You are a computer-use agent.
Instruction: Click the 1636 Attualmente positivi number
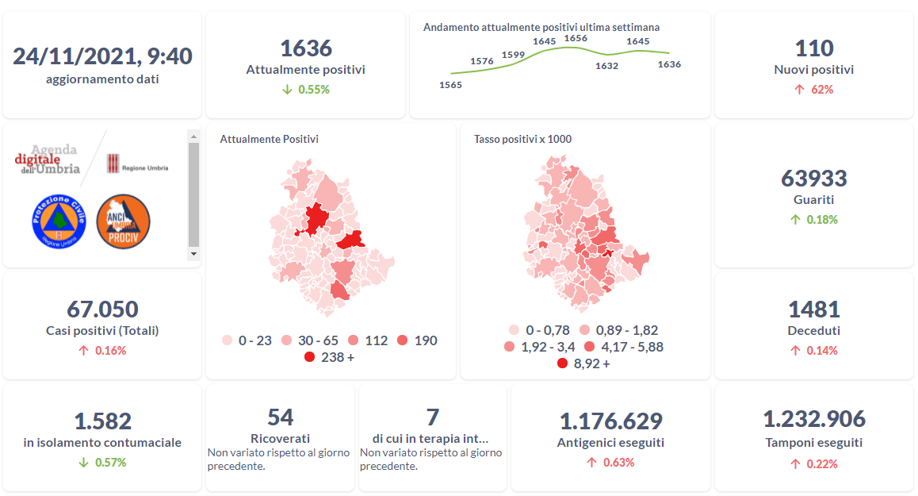(306, 48)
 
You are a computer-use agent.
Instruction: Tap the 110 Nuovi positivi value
(813, 48)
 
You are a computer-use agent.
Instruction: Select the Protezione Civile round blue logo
(57, 220)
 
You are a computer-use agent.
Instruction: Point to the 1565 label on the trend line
(450, 85)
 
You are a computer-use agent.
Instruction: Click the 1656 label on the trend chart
(576, 38)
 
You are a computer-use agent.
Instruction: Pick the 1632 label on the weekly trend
(606, 66)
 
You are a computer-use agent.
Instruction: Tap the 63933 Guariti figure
(813, 178)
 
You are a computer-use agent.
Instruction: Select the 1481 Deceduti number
(813, 309)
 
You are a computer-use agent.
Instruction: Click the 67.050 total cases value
(102, 309)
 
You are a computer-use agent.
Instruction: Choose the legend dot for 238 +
(310, 358)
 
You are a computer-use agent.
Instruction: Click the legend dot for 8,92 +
(563, 363)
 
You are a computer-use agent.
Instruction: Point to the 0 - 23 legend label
(254, 340)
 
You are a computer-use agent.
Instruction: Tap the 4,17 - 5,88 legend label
(633, 347)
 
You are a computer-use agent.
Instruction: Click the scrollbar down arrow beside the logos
(193, 253)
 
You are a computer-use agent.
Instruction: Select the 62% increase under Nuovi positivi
(822, 90)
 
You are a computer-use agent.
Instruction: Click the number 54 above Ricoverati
(280, 417)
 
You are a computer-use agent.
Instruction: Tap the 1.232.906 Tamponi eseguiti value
(813, 419)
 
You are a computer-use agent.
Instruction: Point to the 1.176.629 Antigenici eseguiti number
(610, 421)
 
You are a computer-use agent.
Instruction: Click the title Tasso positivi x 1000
(522, 139)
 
